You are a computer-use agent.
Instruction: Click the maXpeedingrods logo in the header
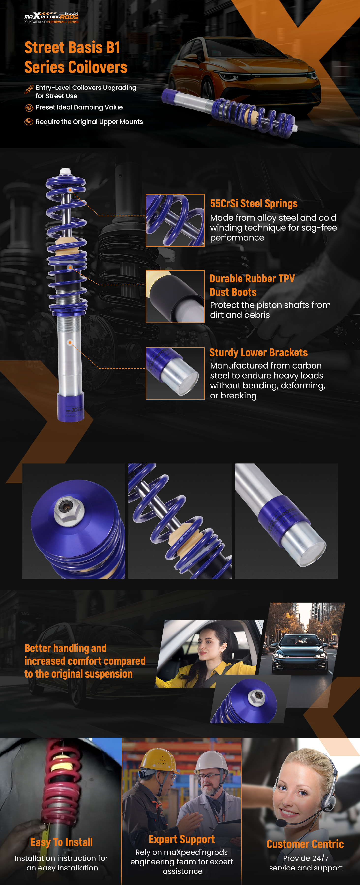pyautogui.click(x=51, y=17)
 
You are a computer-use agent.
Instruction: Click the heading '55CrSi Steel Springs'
pyautogui.click(x=254, y=204)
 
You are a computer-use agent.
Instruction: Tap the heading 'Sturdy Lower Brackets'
pyautogui.click(x=258, y=353)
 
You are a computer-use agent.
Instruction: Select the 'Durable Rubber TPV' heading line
pyautogui.click(x=252, y=278)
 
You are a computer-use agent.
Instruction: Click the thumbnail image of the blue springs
pyautogui.click(x=175, y=220)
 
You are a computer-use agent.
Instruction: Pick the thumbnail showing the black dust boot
pyautogui.click(x=175, y=296)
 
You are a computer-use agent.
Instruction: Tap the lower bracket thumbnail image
pyautogui.click(x=175, y=373)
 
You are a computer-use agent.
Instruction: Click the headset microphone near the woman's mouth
pyautogui.click(x=282, y=823)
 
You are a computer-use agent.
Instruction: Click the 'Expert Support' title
pyautogui.click(x=182, y=839)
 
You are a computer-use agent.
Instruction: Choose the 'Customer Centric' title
pyautogui.click(x=305, y=844)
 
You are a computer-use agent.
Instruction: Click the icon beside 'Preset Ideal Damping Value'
pyautogui.click(x=29, y=108)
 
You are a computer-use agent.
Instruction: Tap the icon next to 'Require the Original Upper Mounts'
pyautogui.click(x=29, y=122)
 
